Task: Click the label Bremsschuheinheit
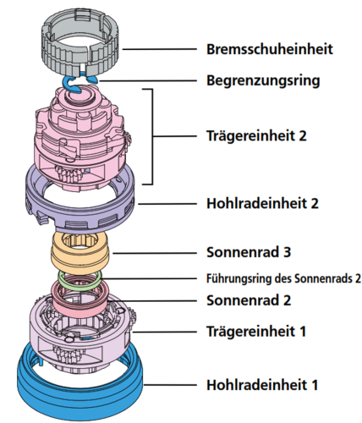tap(270, 49)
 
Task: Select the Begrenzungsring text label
tap(263, 81)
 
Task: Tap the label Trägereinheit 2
tap(256, 135)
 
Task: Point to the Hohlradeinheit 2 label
tap(262, 203)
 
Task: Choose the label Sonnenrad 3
tap(249, 252)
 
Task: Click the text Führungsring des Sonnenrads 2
tap(283, 278)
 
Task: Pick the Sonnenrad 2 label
tap(249, 300)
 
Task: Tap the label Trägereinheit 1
tap(256, 331)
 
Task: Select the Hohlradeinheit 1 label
tap(262, 385)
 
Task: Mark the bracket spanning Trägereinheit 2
tap(152, 137)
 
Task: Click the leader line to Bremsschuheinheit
tap(159, 49)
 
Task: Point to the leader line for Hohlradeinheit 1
tap(170, 385)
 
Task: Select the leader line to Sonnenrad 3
tap(155, 253)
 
